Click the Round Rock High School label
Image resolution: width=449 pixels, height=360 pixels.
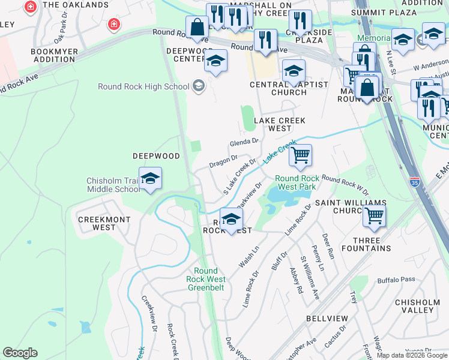(143, 86)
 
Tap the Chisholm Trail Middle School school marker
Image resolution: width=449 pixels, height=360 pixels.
(150, 179)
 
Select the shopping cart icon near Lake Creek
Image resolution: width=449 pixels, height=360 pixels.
(300, 155)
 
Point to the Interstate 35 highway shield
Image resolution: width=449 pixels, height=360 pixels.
(415, 180)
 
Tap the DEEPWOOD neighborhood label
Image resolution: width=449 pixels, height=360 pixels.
(156, 156)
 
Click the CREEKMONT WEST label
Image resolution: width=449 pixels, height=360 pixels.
(104, 224)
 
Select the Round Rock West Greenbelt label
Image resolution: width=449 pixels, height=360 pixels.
(206, 279)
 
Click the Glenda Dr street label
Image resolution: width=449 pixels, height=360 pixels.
(244, 142)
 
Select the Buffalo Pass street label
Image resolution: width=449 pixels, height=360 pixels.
(396, 280)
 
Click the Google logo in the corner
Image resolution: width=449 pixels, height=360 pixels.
(20, 353)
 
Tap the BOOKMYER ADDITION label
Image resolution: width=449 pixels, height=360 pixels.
(54, 56)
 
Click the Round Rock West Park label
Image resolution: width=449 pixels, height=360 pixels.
(295, 182)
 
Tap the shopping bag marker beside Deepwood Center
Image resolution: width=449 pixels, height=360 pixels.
(197, 27)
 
